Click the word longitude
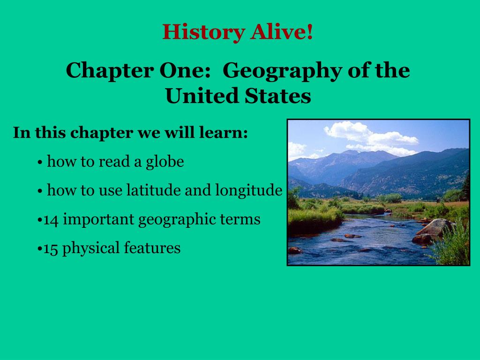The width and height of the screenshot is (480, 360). tap(248, 191)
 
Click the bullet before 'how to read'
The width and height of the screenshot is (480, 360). tap(40, 163)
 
